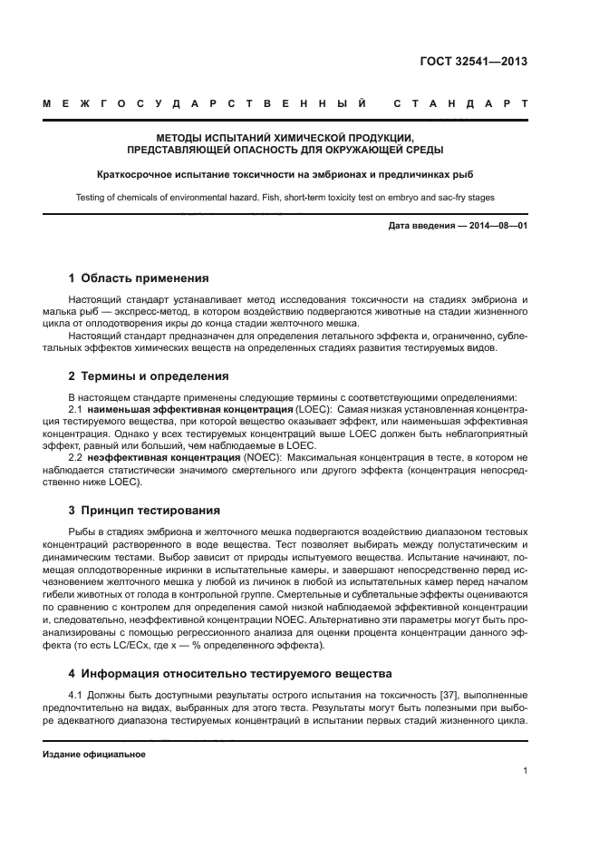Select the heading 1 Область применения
139,278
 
